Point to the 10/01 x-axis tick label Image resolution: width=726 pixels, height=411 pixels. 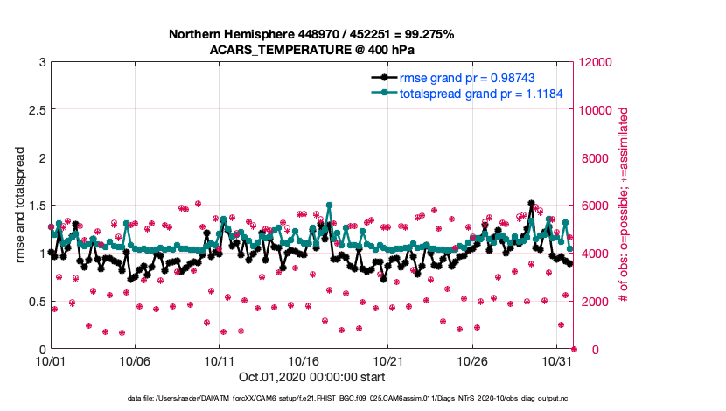[51, 360]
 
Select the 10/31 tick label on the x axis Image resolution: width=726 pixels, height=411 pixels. [557, 360]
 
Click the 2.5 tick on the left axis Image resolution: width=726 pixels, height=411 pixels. [35, 110]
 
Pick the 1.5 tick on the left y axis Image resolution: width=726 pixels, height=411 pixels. [35, 205]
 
